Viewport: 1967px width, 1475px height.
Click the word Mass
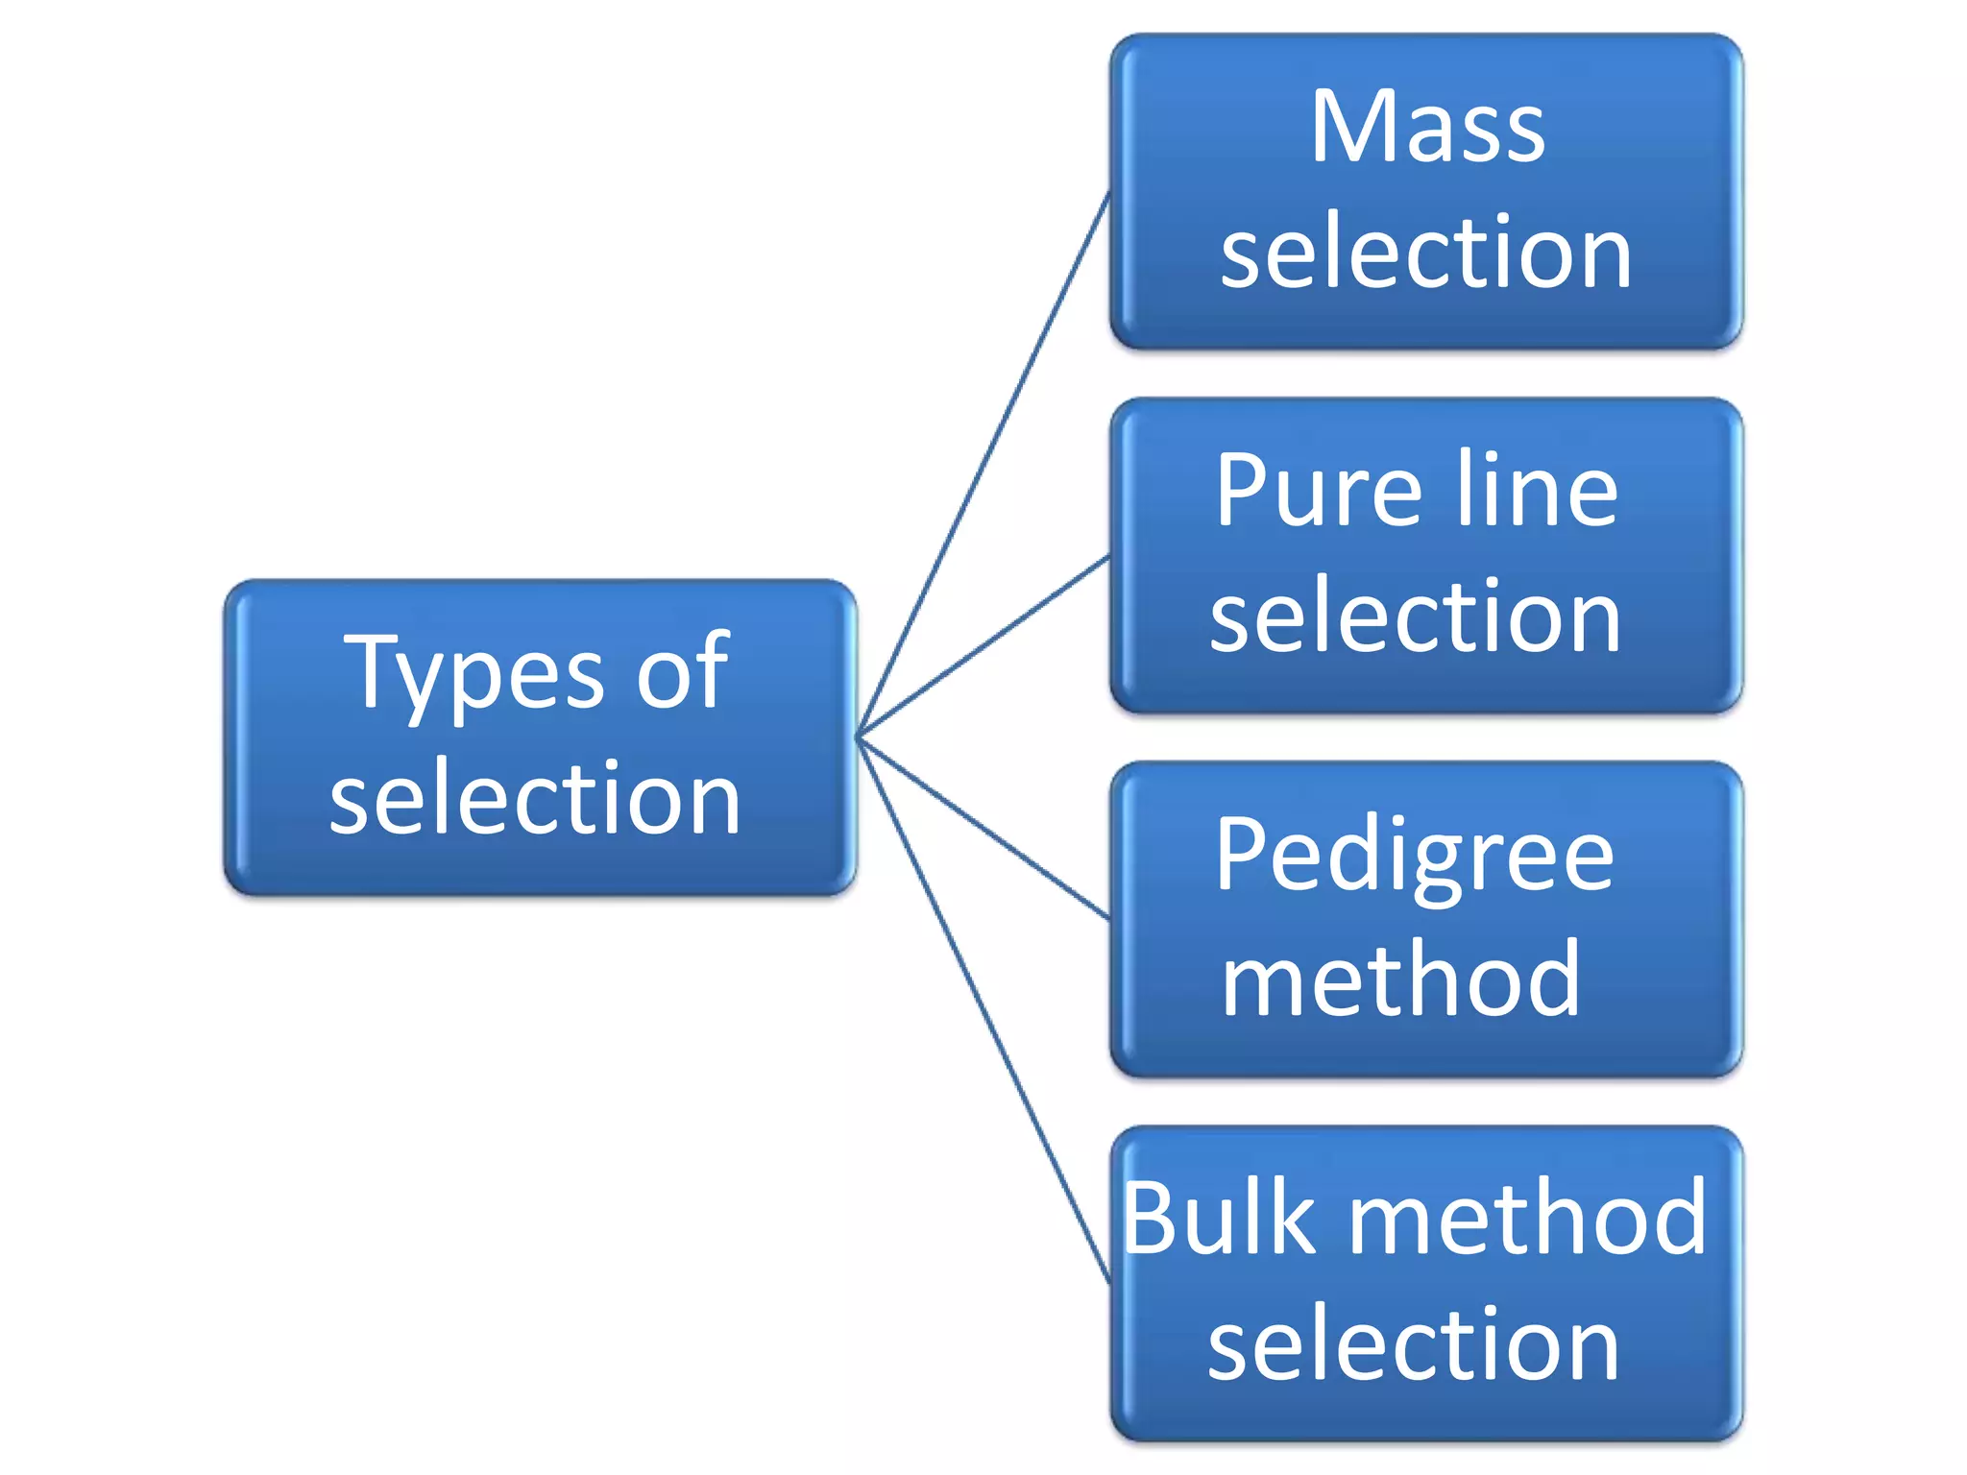(x=1427, y=128)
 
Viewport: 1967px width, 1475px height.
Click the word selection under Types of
(x=535, y=798)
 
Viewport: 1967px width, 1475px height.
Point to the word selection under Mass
(x=1426, y=253)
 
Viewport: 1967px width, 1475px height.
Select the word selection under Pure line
(x=1416, y=617)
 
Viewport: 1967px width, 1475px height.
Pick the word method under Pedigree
(x=1400, y=980)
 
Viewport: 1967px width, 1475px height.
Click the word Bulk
(x=1218, y=1220)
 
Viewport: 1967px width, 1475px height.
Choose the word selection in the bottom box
(x=1414, y=1344)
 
